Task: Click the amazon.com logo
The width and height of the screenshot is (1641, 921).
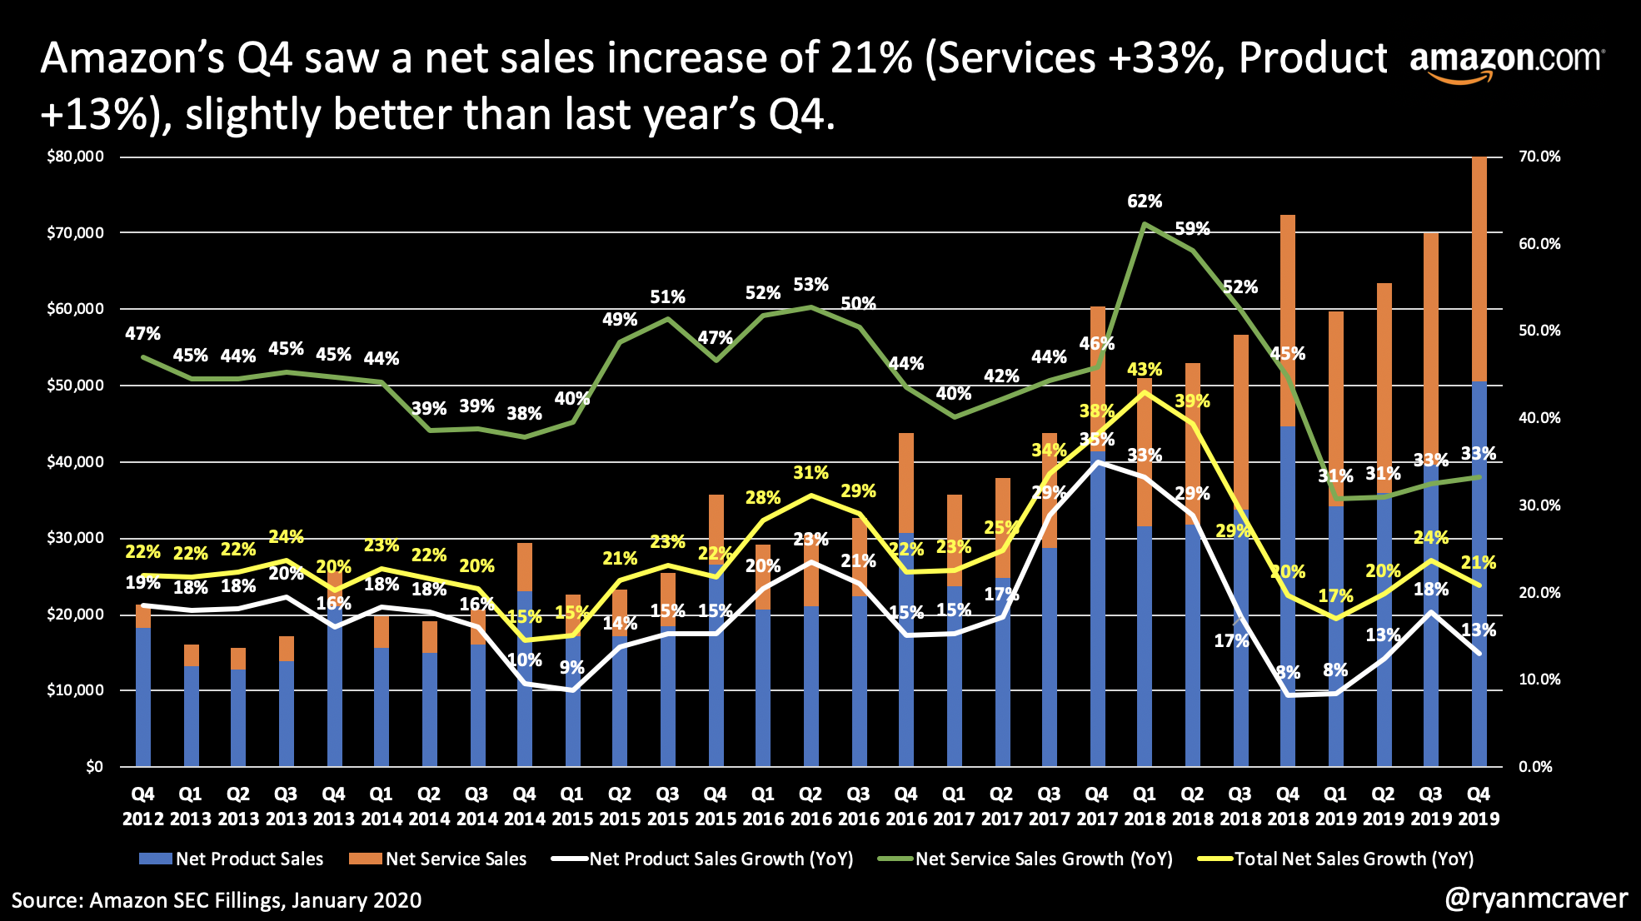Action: point(1505,62)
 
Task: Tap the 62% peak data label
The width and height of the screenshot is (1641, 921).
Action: point(1145,202)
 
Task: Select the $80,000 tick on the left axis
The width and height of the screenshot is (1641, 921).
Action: point(75,157)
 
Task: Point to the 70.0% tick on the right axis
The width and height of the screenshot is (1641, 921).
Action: point(1539,157)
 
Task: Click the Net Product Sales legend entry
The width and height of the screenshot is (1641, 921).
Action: point(232,859)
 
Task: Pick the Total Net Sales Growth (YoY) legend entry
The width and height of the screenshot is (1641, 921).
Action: point(1336,859)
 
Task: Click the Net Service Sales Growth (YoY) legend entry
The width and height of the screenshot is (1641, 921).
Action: point(1026,859)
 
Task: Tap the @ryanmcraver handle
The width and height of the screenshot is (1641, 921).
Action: point(1536,899)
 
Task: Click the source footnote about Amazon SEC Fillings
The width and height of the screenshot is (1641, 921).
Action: point(217,900)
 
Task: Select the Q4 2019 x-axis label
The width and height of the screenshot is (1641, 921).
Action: point(1479,806)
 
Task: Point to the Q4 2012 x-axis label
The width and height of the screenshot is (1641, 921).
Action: point(143,806)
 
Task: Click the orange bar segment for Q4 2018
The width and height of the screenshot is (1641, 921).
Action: point(1288,321)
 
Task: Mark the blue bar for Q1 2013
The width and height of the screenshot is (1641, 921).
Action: point(191,716)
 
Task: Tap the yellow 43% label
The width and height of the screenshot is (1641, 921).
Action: point(1145,369)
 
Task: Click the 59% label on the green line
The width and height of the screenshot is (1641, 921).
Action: point(1192,229)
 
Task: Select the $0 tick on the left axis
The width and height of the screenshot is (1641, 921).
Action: point(94,766)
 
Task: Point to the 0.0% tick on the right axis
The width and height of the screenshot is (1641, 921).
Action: point(1535,766)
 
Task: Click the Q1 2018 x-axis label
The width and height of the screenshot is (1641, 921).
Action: point(1145,806)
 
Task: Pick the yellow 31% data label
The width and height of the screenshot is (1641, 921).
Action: point(811,473)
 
